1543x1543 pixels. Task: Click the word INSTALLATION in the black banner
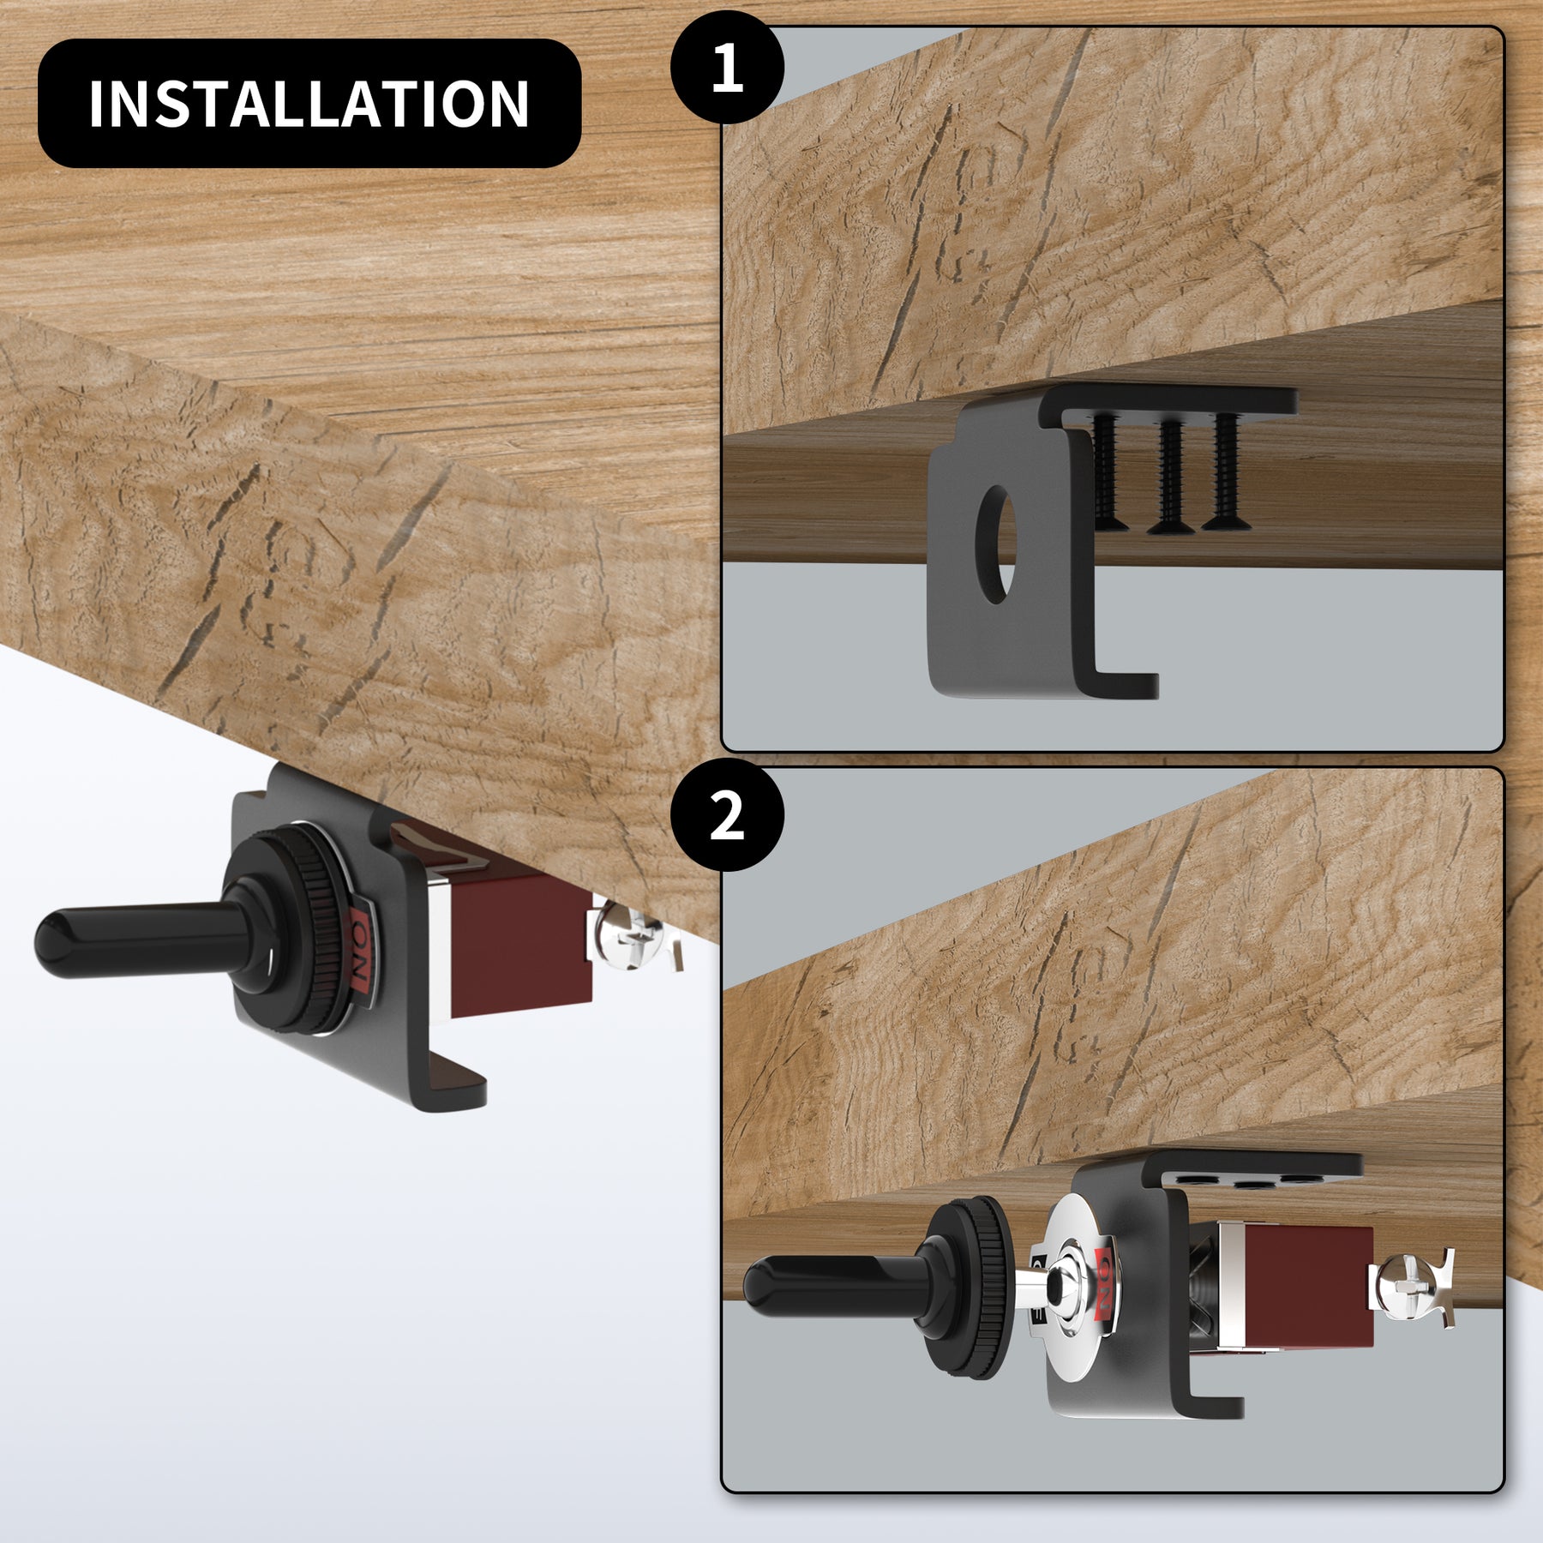(309, 104)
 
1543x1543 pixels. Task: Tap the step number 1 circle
(727, 68)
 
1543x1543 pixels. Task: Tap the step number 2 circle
(727, 815)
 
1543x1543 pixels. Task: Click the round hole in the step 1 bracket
(996, 545)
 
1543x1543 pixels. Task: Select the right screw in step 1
(1226, 471)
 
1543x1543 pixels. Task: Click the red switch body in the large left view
(519, 943)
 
